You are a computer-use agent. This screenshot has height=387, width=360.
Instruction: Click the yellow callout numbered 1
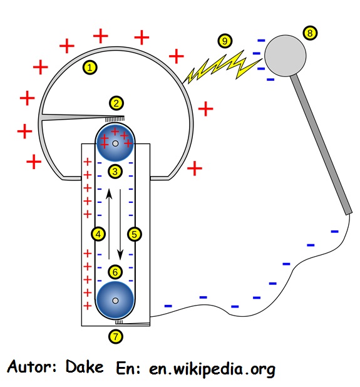[90, 68]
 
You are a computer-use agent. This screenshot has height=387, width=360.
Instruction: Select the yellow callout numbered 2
[116, 103]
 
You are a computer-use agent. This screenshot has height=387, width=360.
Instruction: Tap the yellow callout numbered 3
[115, 172]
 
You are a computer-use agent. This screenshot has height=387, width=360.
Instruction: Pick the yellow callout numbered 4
[98, 234]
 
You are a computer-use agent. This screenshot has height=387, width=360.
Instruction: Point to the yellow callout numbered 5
[135, 234]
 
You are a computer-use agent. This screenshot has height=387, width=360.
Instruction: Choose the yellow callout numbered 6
[115, 272]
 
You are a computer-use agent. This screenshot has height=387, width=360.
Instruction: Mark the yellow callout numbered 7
[116, 336]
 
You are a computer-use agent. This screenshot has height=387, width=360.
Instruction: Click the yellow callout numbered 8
[310, 33]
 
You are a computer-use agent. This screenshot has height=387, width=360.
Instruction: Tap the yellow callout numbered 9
[225, 41]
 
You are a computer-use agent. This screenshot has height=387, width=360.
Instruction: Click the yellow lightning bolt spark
[222, 66]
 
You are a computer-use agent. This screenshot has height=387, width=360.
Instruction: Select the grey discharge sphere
[285, 56]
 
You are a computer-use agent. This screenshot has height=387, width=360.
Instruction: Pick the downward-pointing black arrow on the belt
[120, 225]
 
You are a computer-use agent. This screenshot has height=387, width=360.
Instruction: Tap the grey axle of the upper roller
[115, 143]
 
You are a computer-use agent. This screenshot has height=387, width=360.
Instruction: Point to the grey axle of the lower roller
[115, 301]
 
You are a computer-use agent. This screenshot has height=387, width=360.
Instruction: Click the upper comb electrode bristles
[115, 119]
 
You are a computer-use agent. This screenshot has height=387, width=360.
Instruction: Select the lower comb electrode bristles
[119, 322]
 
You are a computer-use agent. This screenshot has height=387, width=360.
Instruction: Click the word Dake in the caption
[85, 366]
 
